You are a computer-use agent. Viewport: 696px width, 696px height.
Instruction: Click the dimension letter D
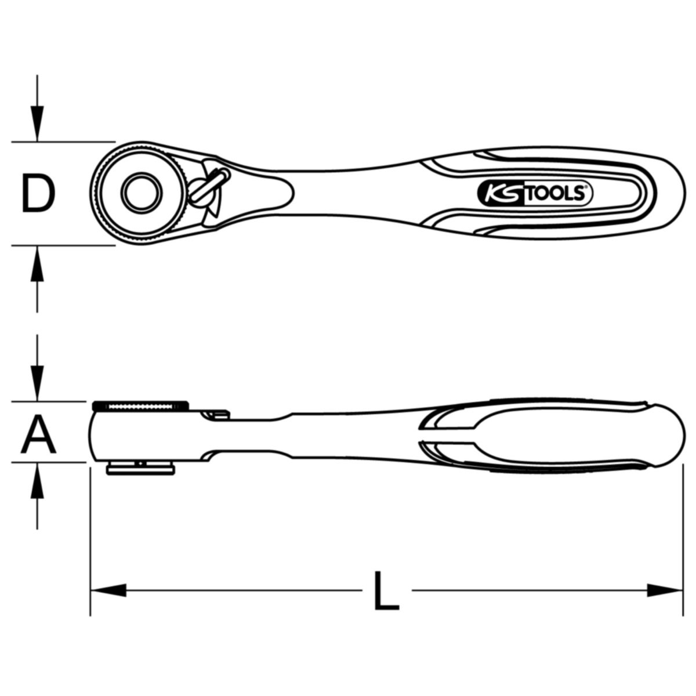point(38,193)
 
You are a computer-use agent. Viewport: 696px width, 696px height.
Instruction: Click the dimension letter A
point(39,435)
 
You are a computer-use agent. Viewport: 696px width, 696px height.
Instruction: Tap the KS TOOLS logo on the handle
point(535,194)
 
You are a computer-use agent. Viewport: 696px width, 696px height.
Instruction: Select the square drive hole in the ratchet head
point(142,193)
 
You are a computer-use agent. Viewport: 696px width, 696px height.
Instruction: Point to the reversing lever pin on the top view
point(209,186)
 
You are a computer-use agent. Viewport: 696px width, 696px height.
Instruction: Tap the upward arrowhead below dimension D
point(37,264)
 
